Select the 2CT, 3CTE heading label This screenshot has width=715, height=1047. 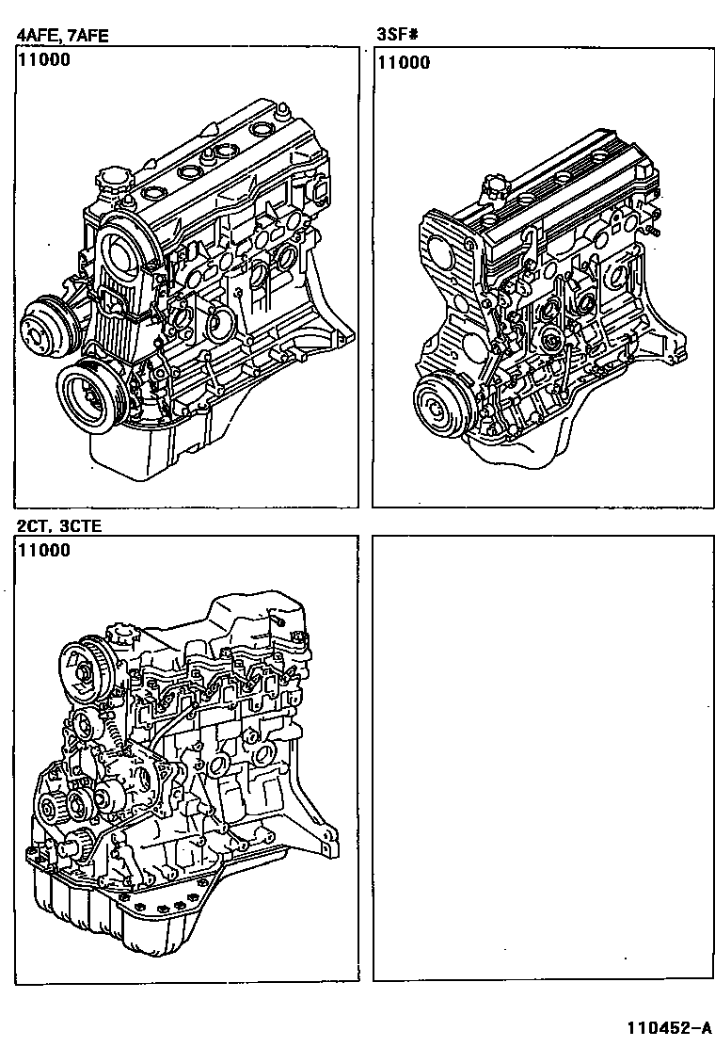(x=58, y=525)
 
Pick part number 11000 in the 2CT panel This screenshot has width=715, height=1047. (x=43, y=550)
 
